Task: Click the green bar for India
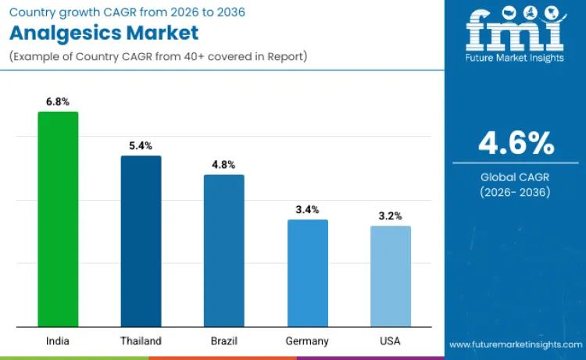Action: point(58,219)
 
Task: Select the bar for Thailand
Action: point(141,241)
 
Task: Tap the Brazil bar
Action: point(223,251)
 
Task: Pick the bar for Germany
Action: point(307,273)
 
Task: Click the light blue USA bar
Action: point(390,276)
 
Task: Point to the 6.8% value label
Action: point(58,102)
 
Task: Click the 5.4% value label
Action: point(141,146)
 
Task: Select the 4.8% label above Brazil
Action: point(223,165)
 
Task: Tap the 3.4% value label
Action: point(307,210)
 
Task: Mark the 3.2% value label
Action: point(390,216)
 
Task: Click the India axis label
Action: point(58,341)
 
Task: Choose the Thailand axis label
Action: point(141,341)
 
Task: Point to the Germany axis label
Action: point(307,341)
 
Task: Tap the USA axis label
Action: point(390,341)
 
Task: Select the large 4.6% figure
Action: point(516,144)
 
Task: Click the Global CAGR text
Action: point(516,177)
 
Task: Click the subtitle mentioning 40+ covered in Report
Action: point(156,56)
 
